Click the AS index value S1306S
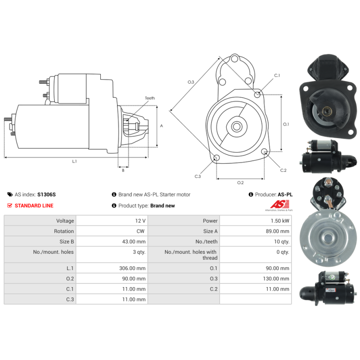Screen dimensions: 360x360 tap(46, 195)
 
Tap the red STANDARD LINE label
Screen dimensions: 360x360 tap(34, 206)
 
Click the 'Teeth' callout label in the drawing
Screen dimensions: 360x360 tap(149, 98)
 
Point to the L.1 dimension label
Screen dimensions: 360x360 tap(75, 161)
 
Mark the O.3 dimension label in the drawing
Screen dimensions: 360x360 tap(191, 82)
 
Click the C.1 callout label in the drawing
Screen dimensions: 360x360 tap(277, 75)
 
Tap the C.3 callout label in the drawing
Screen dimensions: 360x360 tap(198, 176)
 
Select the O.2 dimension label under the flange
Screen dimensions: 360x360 tap(240, 182)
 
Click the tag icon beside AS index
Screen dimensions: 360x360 tap(10, 195)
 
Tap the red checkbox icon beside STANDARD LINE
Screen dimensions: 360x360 tap(10, 206)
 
